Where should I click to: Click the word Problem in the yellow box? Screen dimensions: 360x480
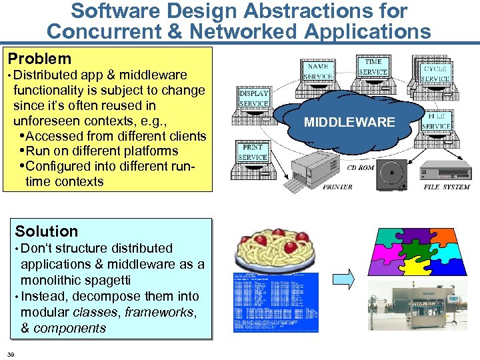point(39,59)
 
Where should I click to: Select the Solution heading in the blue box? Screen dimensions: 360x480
point(47,231)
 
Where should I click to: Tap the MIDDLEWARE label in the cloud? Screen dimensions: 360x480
point(349,122)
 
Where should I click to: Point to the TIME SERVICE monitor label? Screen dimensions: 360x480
point(373,67)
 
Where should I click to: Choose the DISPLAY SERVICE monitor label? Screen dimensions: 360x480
point(254,99)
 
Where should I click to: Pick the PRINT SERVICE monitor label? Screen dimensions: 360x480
point(253,152)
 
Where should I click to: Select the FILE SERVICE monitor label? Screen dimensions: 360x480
point(436,121)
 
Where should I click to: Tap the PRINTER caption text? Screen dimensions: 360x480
point(337,187)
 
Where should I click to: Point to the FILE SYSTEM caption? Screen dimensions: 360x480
point(447,187)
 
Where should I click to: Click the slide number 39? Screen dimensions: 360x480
point(11,353)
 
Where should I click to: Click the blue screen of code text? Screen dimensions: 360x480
point(275,301)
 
